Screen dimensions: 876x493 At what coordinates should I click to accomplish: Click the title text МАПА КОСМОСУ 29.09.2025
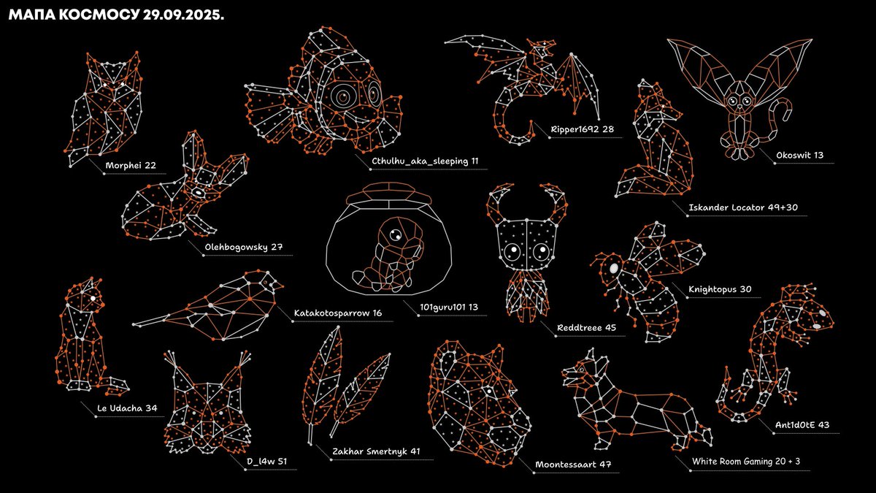coord(116,15)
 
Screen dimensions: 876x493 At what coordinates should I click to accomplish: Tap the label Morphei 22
coord(131,165)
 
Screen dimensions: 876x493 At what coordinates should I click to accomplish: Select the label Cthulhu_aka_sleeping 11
coord(425,161)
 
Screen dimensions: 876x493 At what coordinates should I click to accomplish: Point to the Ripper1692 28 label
coord(582,129)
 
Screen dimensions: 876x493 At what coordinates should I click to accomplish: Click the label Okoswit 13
coord(800,155)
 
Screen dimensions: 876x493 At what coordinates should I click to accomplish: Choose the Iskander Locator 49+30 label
coord(743,207)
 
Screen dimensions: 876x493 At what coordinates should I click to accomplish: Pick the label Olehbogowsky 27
coord(244,248)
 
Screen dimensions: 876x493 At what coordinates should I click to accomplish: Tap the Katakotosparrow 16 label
coord(338,313)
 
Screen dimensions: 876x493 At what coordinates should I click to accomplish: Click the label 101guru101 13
coord(449,307)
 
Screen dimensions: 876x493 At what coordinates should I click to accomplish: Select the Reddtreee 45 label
coord(586,327)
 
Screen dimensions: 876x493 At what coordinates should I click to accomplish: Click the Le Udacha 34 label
coord(127,408)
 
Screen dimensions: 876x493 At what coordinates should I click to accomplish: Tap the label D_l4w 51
coord(266,462)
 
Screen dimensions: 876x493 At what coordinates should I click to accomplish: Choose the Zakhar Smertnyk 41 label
coord(376,451)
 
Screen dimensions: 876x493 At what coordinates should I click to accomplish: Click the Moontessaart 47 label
coord(573,465)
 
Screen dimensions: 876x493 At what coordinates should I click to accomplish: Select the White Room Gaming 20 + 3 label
coord(746,462)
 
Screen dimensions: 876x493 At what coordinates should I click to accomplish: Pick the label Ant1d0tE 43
coord(802,425)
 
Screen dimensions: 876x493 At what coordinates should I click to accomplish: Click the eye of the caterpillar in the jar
coord(395,235)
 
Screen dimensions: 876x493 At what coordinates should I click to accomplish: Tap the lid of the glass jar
coord(388,194)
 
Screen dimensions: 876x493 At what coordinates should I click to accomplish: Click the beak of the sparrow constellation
coord(279,286)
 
